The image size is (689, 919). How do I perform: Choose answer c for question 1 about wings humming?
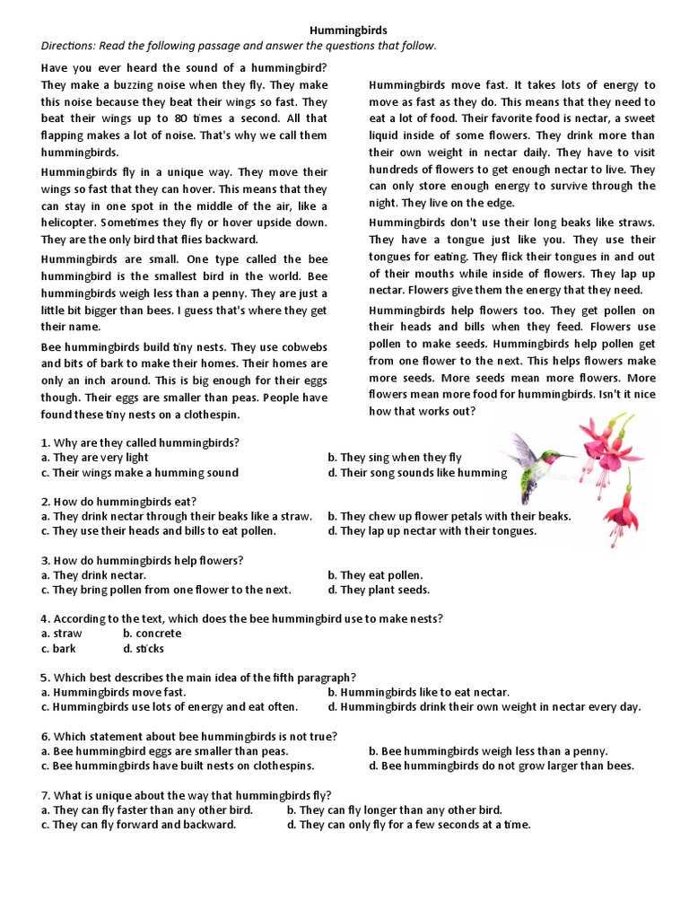coord(140,473)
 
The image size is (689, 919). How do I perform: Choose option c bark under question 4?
coord(58,648)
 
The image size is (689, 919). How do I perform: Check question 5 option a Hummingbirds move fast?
coord(114,692)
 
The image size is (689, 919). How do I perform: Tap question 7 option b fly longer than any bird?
coord(394,810)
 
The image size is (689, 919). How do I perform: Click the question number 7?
coord(45,795)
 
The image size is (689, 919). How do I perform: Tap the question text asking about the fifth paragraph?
coord(197,678)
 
